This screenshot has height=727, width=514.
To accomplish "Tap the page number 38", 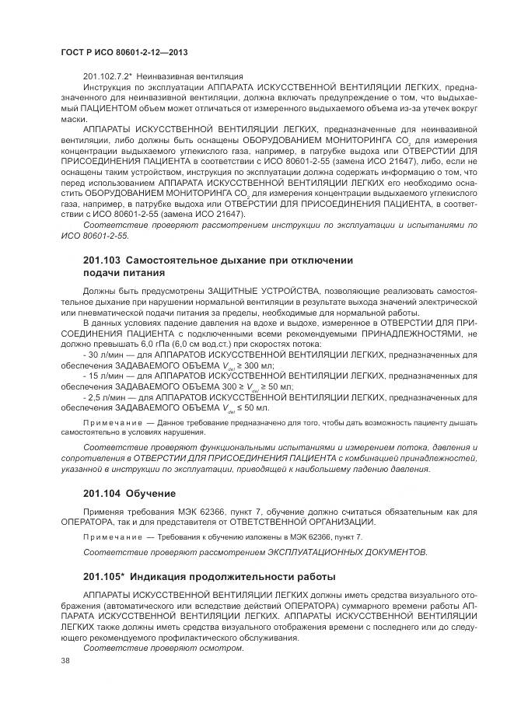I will click(66, 660).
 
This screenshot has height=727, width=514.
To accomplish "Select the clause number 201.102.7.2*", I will click(109, 76).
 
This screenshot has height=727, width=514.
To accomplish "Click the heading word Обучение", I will click(152, 494).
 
